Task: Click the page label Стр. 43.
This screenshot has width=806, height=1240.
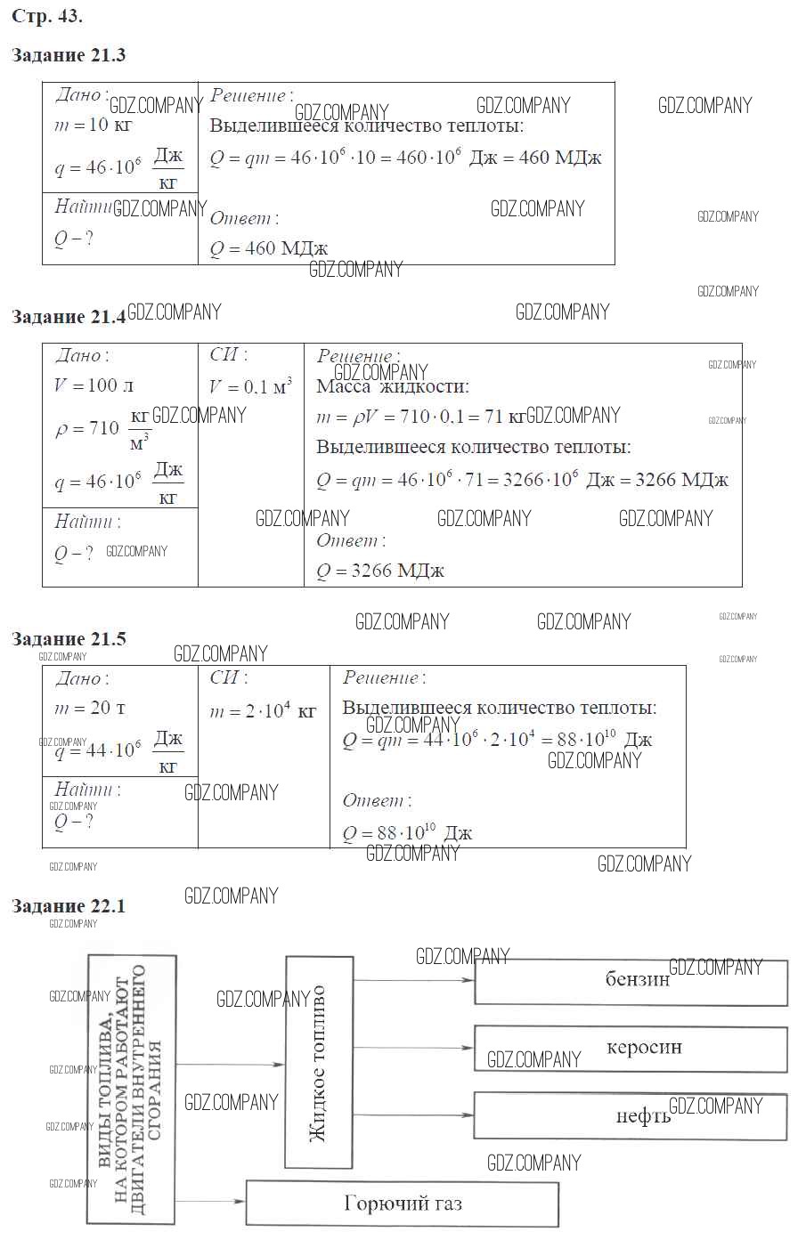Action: point(47,17)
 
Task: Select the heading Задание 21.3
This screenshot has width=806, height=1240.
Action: point(69,55)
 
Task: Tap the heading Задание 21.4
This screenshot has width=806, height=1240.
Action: point(69,317)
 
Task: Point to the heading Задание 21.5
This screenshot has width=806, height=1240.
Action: point(69,639)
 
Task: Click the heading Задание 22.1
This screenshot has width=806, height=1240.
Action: point(69,906)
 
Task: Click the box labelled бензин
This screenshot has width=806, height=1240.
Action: point(631,982)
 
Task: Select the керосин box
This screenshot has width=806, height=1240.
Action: point(631,1048)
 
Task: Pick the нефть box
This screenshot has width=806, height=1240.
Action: point(631,1115)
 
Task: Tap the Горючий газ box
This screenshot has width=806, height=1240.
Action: point(403,1204)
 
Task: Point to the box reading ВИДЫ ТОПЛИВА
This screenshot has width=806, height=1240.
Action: point(131,1090)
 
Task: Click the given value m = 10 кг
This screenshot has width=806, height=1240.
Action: point(93,125)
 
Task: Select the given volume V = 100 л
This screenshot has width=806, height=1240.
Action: point(94,385)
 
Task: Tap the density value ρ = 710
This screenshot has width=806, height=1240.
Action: point(87,429)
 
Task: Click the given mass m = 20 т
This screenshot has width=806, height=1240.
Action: point(89,709)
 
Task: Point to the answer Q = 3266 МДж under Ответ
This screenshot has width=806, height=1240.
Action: point(380,571)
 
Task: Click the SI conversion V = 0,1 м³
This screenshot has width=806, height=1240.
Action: point(250,387)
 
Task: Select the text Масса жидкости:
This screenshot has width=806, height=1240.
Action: point(392,386)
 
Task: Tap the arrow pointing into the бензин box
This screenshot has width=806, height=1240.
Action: point(414,980)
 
